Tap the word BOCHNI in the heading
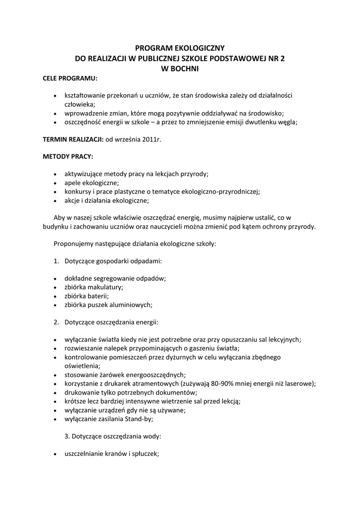pyautogui.click(x=184, y=69)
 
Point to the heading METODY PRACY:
pyautogui.click(x=68, y=156)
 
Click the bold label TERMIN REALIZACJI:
pyautogui.click(x=73, y=139)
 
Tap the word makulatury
pyautogui.click(x=105, y=287)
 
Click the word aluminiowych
pyautogui.click(x=130, y=305)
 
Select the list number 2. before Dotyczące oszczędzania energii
pyautogui.click(x=57, y=322)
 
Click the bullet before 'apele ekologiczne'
pyautogui.click(x=55, y=183)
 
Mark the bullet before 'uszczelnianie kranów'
pyautogui.click(x=55, y=454)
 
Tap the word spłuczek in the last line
pyautogui.click(x=144, y=454)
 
